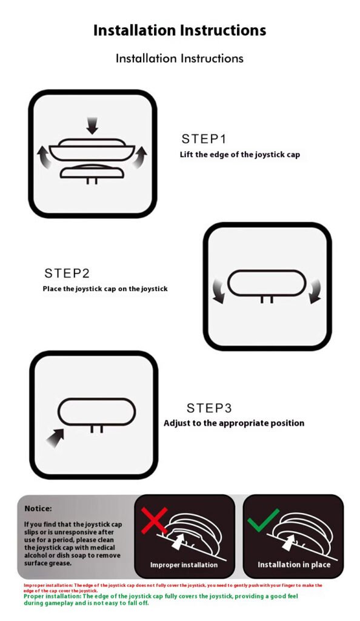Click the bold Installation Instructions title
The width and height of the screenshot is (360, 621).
click(179, 30)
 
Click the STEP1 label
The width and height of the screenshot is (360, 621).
click(204, 139)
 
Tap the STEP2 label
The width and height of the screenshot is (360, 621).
click(67, 274)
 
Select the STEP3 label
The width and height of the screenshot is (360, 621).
click(209, 408)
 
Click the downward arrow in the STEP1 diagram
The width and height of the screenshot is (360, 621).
click(92, 125)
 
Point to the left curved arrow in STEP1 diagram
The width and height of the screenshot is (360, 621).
click(44, 156)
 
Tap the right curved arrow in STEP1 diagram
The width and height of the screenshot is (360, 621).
click(139, 156)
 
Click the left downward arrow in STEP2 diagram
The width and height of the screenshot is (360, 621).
click(219, 290)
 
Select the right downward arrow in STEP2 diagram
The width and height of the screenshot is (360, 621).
click(315, 290)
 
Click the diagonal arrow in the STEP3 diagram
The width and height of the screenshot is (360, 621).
click(55, 438)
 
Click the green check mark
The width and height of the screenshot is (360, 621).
click(262, 520)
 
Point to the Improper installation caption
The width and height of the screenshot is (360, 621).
click(184, 565)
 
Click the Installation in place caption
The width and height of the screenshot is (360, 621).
click(294, 565)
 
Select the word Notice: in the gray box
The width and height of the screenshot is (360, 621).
click(38, 509)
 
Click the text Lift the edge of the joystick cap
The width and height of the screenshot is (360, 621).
click(240, 155)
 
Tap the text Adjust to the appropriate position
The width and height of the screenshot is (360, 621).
click(234, 423)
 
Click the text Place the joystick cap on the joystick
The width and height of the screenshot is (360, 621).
click(105, 289)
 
